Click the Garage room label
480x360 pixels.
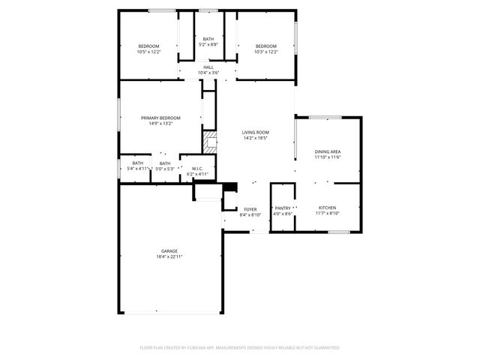click(169, 250)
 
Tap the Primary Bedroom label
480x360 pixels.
click(160, 118)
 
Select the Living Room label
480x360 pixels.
click(256, 132)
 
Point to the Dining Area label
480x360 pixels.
click(327, 151)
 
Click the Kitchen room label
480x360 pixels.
click(327, 208)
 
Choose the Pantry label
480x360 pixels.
click(282, 208)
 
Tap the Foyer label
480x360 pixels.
click(250, 209)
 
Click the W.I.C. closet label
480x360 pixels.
click(198, 168)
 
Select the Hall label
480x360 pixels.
click(208, 67)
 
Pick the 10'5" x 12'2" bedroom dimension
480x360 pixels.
click(148, 52)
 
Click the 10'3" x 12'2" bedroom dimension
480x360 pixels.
click(265, 52)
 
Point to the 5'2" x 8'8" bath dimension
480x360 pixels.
click(208, 44)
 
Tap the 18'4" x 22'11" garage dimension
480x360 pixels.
click(169, 256)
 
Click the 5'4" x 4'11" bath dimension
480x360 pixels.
click(138, 169)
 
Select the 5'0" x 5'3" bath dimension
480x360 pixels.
click(164, 169)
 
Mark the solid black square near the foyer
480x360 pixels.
click(231, 187)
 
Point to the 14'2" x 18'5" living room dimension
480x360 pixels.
click(256, 138)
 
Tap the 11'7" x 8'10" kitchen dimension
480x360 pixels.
click(327, 214)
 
